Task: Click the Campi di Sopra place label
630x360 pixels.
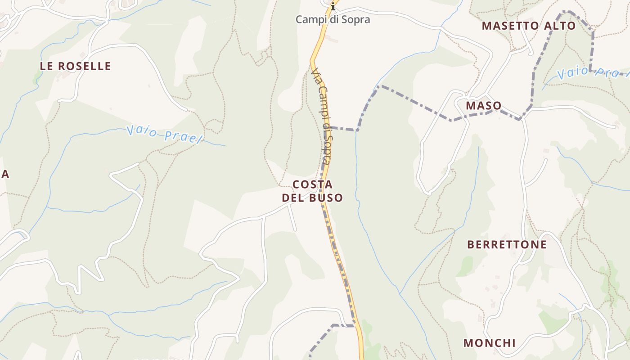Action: point(333,19)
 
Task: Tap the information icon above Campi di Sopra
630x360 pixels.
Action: point(333,6)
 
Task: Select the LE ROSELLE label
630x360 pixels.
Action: point(75,66)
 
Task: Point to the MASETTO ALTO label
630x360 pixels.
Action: point(529,26)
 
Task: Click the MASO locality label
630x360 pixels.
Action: point(484,106)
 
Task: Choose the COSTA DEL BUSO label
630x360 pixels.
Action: point(312,191)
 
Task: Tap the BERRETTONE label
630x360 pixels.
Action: point(507,245)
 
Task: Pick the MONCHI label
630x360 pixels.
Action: point(490,343)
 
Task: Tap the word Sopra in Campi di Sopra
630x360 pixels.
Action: point(355,19)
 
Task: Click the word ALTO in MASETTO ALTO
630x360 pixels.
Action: point(560,26)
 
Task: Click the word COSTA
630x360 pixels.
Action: point(312,184)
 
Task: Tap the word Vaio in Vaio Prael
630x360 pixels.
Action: point(142,131)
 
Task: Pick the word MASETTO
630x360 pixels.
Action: point(511,26)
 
